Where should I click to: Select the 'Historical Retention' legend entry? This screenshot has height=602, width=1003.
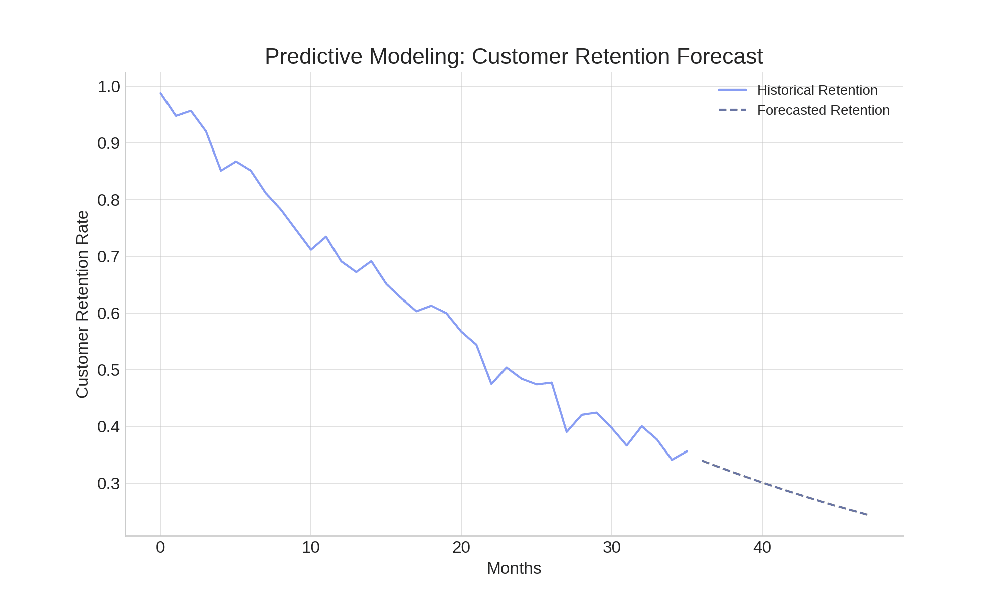[817, 90]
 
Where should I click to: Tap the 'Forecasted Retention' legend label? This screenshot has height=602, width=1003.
[823, 110]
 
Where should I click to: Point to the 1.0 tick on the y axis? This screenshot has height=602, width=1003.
[109, 87]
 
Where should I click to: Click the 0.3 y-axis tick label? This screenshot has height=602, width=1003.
[109, 484]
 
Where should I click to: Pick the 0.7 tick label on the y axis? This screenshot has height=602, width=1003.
[109, 257]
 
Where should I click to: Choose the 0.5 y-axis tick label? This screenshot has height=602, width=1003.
[109, 370]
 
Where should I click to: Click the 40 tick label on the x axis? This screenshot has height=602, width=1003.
[762, 548]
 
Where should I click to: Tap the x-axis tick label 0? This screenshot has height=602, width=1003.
[160, 548]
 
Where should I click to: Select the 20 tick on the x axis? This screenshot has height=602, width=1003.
[461, 548]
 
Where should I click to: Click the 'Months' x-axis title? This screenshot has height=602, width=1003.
[514, 568]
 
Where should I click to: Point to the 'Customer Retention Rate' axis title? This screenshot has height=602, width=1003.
[82, 305]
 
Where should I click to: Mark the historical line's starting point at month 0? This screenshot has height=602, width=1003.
[160, 93]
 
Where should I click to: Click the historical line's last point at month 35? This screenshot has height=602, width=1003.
[687, 451]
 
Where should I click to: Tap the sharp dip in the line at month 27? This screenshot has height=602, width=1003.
[567, 432]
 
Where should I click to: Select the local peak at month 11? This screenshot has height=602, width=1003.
[326, 236]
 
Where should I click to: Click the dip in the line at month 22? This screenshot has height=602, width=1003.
[491, 384]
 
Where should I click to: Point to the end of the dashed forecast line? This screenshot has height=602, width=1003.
[868, 515]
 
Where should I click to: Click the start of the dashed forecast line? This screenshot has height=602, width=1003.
[702, 460]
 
